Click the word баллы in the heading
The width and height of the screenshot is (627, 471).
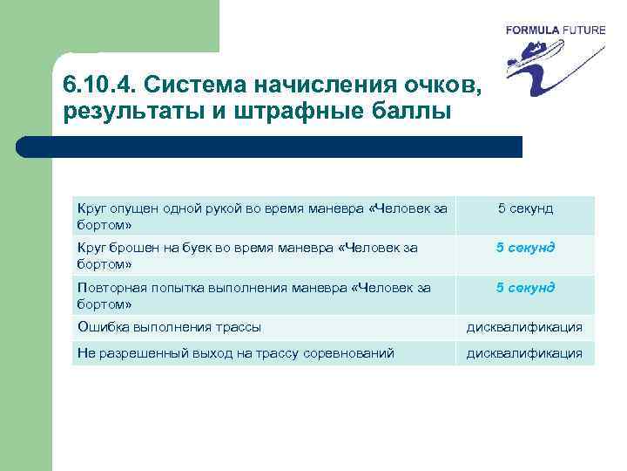point(415,113)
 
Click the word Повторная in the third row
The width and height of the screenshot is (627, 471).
point(109,288)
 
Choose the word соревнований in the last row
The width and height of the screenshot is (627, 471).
point(349,353)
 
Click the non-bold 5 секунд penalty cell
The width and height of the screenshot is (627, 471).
point(524,208)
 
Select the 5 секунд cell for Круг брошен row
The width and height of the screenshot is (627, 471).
point(524,248)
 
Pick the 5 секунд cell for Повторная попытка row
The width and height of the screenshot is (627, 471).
point(524,288)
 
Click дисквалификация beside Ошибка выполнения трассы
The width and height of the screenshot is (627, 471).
point(524,328)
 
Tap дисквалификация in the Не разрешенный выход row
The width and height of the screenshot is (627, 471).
point(524,353)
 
